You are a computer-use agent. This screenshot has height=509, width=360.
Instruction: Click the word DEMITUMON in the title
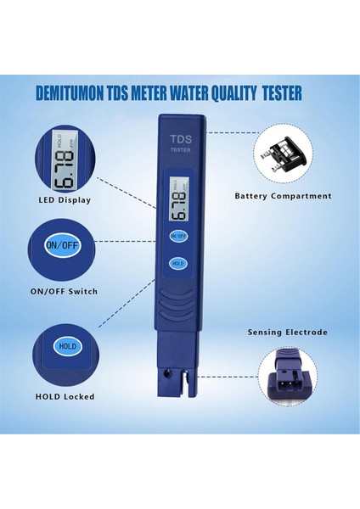[x=75, y=93]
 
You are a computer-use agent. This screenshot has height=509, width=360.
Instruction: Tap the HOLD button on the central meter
[x=178, y=263]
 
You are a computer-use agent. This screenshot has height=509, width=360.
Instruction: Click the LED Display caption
[x=65, y=200]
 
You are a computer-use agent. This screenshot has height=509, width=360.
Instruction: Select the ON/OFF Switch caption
[x=65, y=291]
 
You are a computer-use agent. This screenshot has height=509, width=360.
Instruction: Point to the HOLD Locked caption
[x=65, y=396]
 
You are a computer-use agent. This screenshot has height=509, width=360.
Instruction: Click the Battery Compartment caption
[x=283, y=196]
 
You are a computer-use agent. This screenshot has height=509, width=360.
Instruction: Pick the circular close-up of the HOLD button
[x=65, y=347]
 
